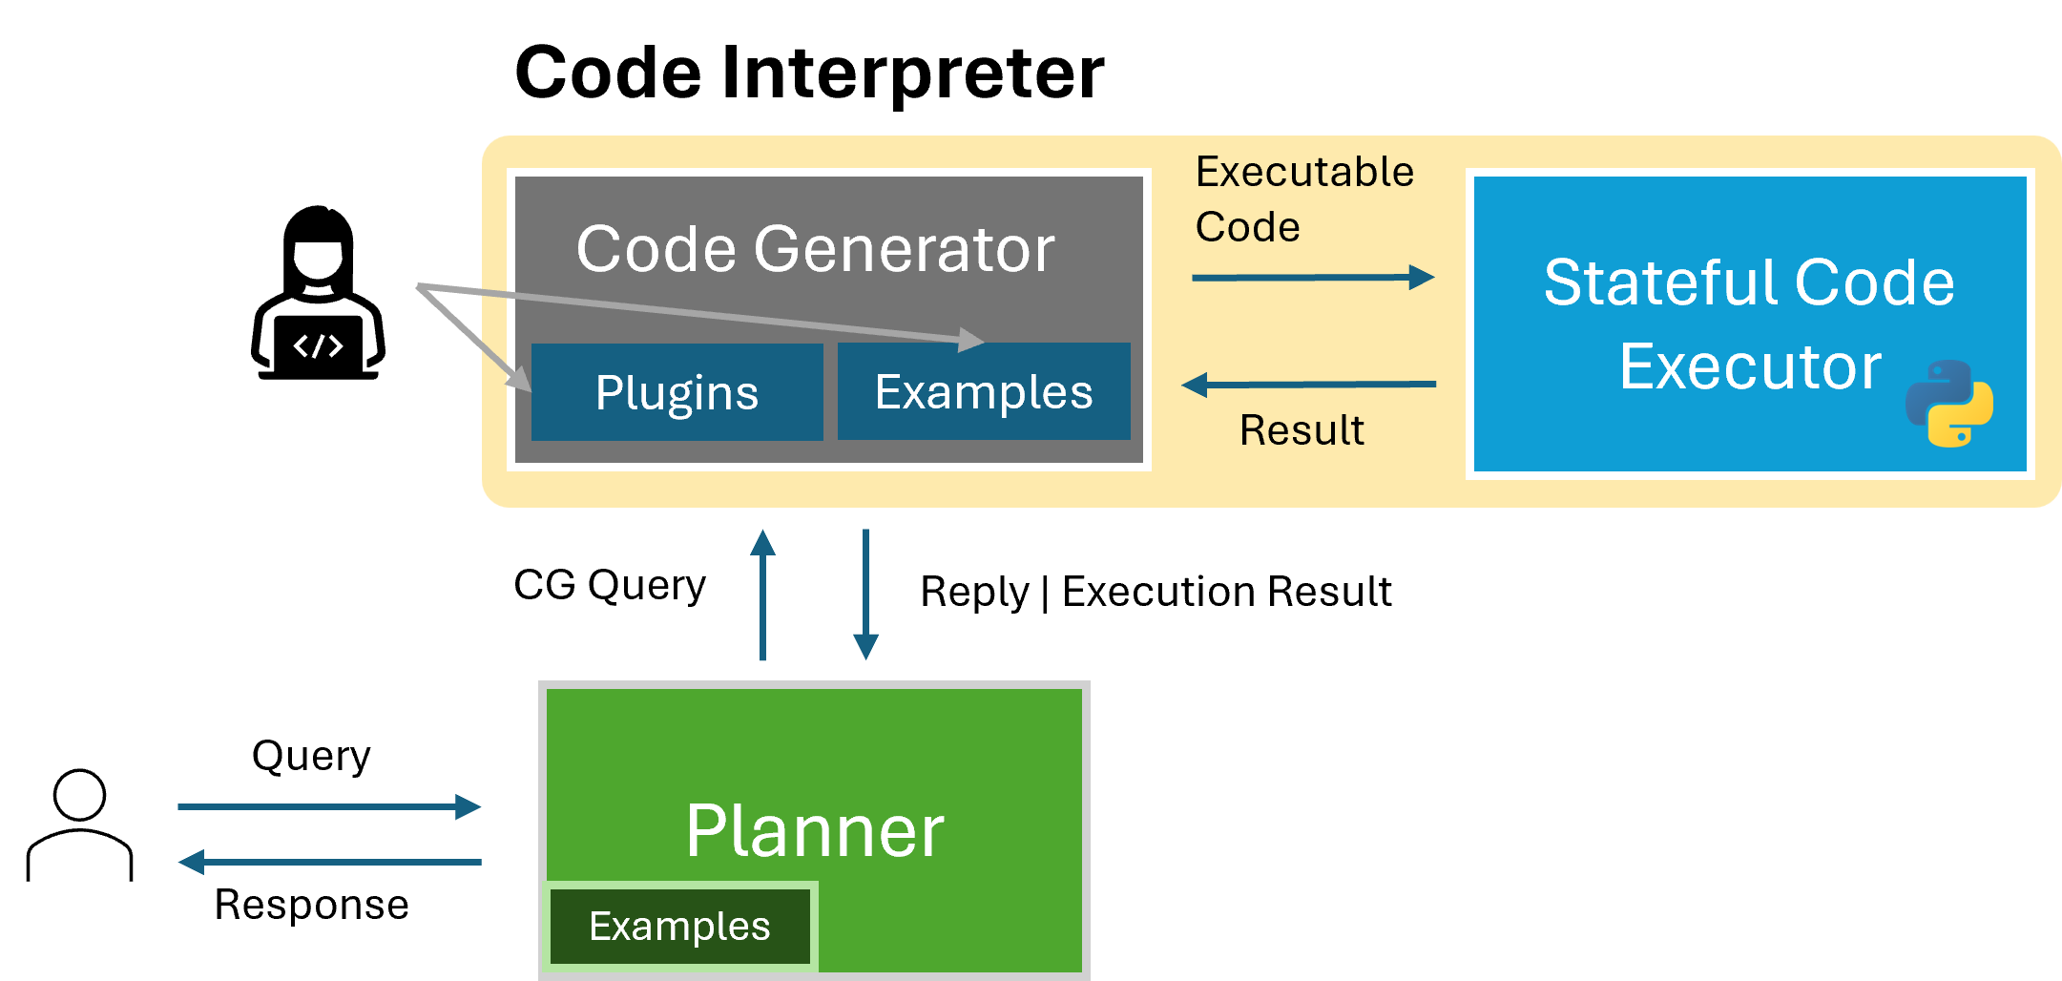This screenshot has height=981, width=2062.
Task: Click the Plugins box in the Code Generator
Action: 677,392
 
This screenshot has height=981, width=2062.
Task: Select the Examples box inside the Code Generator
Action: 984,392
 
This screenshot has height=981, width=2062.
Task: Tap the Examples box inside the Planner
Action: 679,927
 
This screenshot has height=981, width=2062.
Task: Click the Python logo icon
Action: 1948,404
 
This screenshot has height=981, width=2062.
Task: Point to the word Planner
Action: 814,831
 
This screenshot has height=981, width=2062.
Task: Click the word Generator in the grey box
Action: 904,250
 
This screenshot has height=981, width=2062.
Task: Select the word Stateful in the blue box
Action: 1661,282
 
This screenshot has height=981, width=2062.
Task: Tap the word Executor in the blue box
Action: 1750,366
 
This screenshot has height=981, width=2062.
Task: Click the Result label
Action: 1302,430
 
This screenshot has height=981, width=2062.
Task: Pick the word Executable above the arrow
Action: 1304,173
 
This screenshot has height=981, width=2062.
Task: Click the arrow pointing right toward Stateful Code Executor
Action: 1312,278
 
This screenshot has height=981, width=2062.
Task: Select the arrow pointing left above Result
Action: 1308,385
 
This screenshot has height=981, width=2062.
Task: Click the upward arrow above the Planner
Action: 762,594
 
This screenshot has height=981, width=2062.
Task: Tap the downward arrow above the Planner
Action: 865,594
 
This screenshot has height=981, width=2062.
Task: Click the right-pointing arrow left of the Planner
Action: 329,807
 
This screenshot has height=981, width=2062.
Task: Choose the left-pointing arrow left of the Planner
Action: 329,863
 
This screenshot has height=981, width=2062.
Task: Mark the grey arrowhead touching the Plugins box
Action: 520,379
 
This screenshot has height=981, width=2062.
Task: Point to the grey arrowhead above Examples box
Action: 970,339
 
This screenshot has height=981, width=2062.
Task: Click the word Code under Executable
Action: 1247,228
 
